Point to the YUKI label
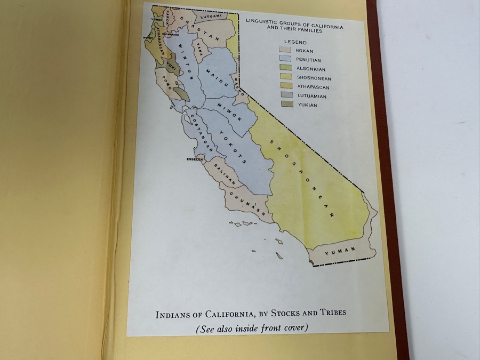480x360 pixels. tap(171, 66)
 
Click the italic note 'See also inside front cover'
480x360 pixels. tap(251, 329)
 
